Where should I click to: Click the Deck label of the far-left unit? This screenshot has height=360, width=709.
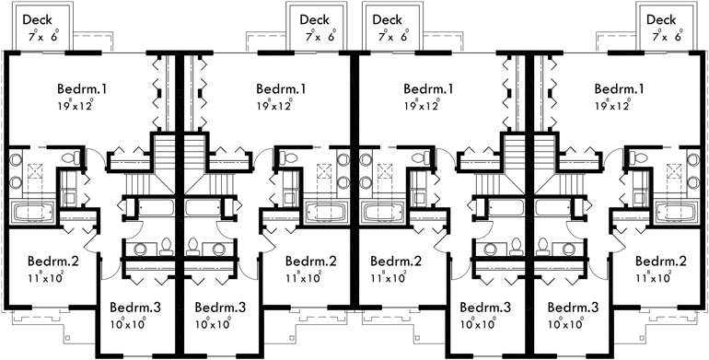37,19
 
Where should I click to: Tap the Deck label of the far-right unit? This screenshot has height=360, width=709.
660,19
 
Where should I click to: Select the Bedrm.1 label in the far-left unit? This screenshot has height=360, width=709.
82,89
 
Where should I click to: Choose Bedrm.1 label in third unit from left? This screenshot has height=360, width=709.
429,89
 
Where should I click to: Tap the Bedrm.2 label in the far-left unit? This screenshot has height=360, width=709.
53,261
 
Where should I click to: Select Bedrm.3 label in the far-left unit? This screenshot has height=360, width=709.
135,307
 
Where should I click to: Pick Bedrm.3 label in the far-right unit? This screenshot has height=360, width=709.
573,307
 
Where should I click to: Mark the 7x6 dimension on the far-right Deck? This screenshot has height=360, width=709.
668,37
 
